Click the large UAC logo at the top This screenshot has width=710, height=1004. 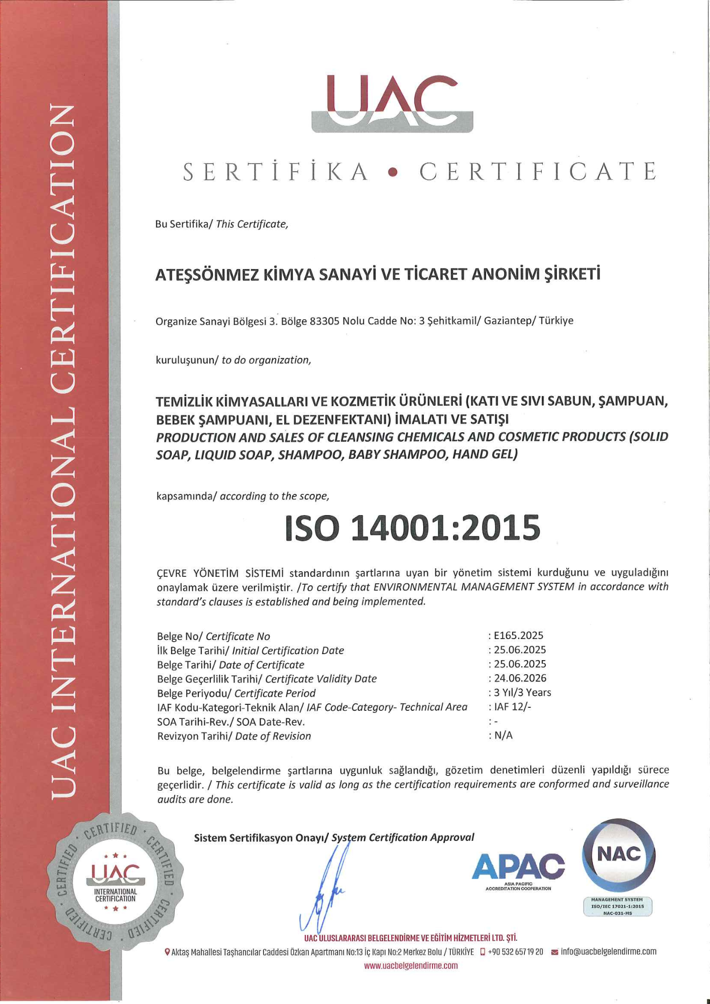click(x=392, y=103)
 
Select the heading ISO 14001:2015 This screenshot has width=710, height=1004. click(x=412, y=528)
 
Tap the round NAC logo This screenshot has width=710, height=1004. click(x=619, y=855)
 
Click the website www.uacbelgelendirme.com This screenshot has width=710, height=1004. click(x=411, y=965)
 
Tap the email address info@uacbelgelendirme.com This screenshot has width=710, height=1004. click(x=609, y=951)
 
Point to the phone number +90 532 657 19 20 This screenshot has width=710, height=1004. click(x=515, y=951)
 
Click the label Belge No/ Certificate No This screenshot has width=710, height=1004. click(x=213, y=636)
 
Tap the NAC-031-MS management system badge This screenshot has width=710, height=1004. click(x=618, y=907)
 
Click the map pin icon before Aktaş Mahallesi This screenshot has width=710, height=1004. click(x=167, y=952)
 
